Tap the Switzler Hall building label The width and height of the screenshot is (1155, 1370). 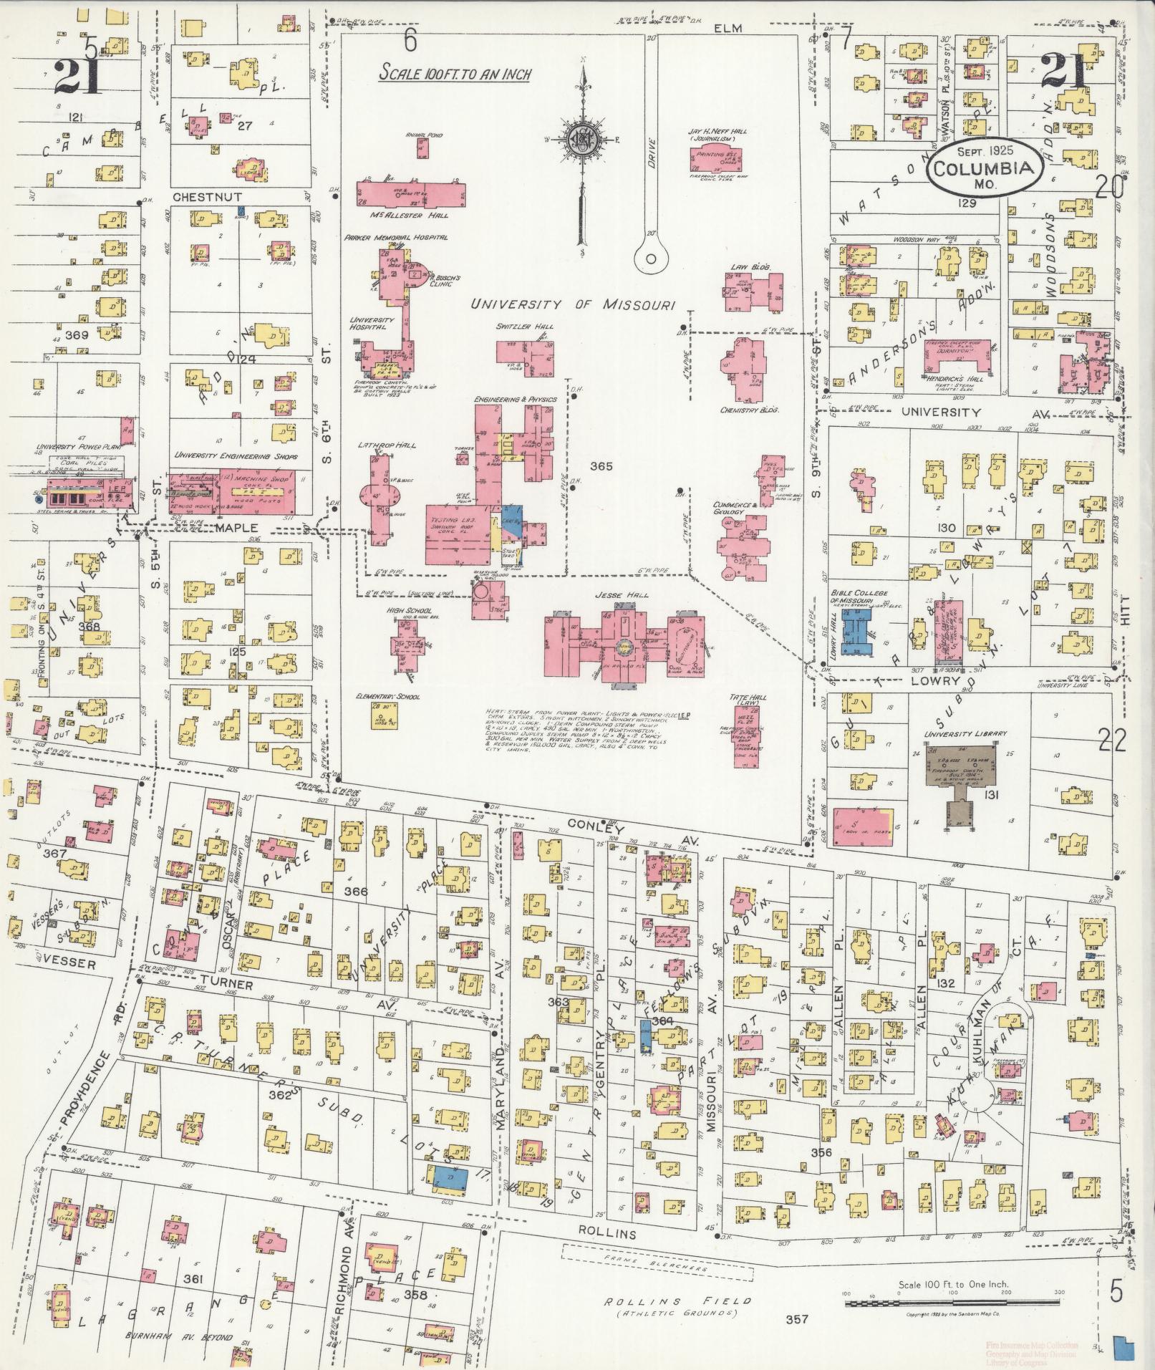click(x=524, y=327)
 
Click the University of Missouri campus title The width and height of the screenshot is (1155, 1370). click(x=572, y=305)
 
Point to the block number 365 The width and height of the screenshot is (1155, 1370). click(x=601, y=466)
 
